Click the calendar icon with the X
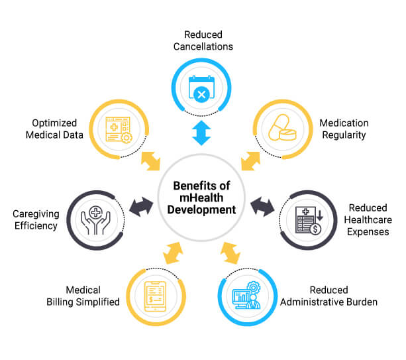[x=202, y=89]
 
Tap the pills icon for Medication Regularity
[x=282, y=128]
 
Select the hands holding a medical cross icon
[x=95, y=220]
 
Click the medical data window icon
[x=119, y=130]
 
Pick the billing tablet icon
[x=156, y=296]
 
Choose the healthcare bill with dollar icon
[x=309, y=221]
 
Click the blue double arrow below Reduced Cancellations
[x=201, y=133]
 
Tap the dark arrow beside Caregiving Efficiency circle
[x=141, y=207]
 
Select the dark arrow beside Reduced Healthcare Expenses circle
[x=262, y=207]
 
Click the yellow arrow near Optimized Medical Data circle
[x=151, y=161]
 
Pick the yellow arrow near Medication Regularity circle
[x=250, y=161]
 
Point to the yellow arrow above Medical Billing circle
[x=174, y=253]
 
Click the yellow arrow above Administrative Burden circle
[x=230, y=253]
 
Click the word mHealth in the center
[x=201, y=198]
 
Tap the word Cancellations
[x=203, y=46]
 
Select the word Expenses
[x=368, y=231]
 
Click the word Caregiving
[x=36, y=214]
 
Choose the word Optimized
[x=54, y=123]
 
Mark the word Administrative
[x=311, y=302]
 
